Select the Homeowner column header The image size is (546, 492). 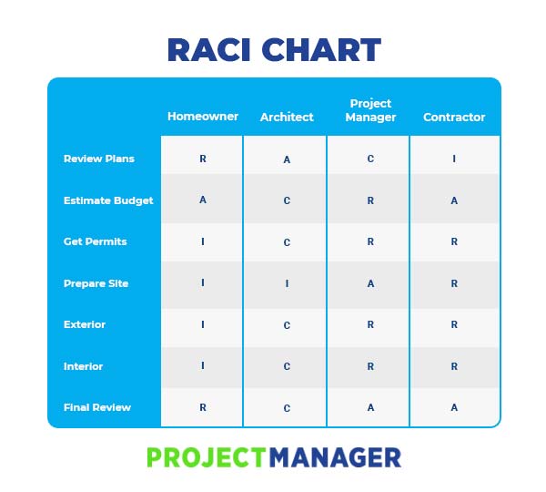202,117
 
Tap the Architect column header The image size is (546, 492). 287,117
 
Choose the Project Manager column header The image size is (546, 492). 370,110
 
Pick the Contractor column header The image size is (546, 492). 454,117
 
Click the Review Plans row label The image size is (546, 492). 98,159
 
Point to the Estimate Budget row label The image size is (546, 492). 108,200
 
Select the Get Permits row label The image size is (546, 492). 95,241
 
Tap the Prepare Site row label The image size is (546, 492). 96,283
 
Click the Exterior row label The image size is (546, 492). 84,324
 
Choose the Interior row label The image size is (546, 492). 83,366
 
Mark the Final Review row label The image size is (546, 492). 96,407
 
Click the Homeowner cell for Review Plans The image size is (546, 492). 202,159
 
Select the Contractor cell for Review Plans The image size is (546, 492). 454,159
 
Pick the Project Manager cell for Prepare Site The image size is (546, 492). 370,283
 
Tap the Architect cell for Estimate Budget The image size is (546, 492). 287,200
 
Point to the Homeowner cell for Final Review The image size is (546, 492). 202,407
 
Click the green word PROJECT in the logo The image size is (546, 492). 207,456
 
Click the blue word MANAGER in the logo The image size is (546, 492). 335,456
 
